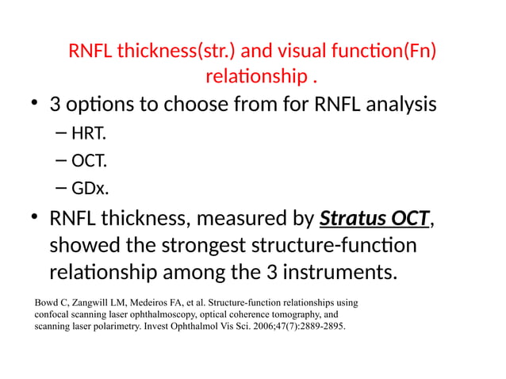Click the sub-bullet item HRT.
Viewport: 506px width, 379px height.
(x=88, y=133)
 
